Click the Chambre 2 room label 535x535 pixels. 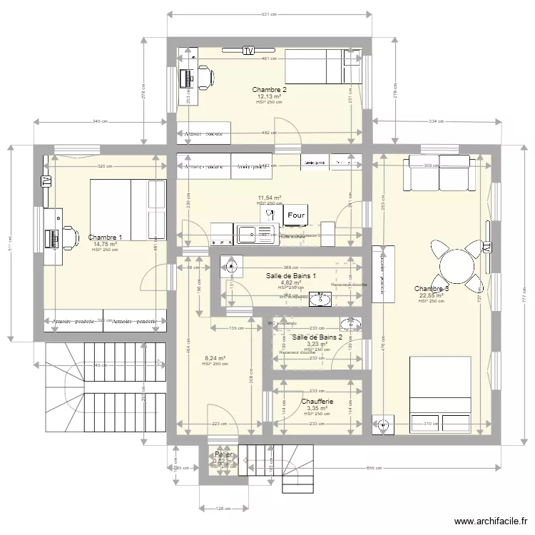(x=269, y=89)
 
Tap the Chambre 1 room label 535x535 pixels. (x=105, y=238)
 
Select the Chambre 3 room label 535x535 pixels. (x=432, y=289)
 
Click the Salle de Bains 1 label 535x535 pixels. (x=291, y=275)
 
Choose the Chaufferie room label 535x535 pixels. (x=317, y=402)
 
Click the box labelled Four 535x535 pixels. (x=295, y=215)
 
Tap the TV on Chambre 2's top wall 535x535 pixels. (x=248, y=51)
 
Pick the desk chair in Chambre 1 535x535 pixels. (x=69, y=236)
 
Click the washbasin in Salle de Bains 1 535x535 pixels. (x=320, y=300)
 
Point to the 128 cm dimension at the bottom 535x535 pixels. (x=223, y=509)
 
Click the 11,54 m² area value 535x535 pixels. (x=269, y=198)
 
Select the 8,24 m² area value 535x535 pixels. (x=215, y=358)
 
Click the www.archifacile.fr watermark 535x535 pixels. (x=490, y=521)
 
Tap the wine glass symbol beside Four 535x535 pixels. (x=270, y=213)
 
